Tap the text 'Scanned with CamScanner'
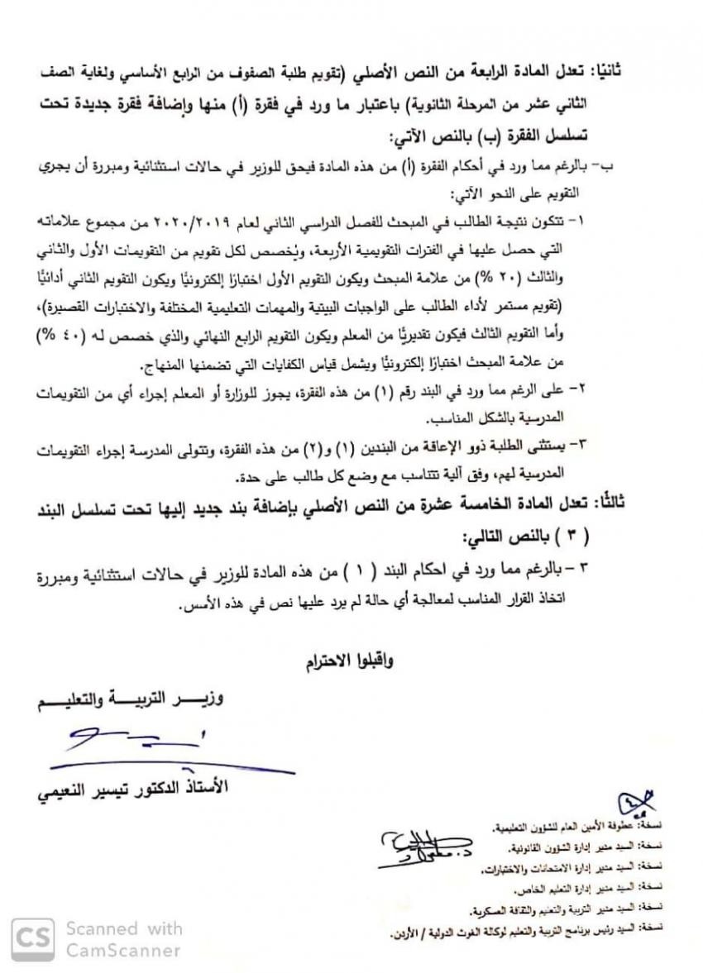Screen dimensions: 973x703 coord(123,939)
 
